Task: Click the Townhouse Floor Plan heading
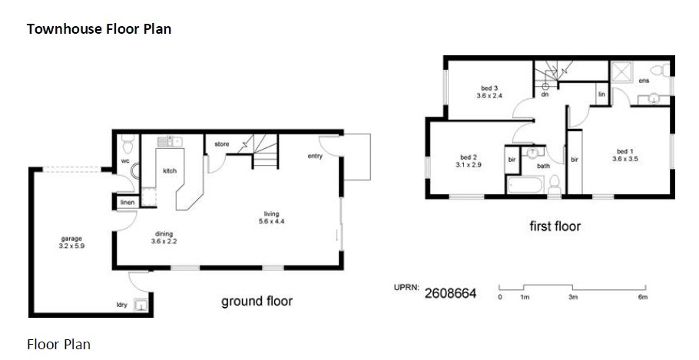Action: pyautogui.click(x=99, y=29)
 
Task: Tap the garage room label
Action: pyautogui.click(x=71, y=243)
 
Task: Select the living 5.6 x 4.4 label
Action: pyautogui.click(x=271, y=217)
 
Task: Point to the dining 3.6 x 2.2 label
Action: pyautogui.click(x=164, y=237)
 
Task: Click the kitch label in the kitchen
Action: pyautogui.click(x=170, y=170)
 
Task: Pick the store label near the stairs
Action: pyautogui.click(x=221, y=144)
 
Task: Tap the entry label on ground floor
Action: pyautogui.click(x=315, y=156)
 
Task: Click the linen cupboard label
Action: pyautogui.click(x=127, y=203)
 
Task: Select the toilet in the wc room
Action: pyautogui.click(x=128, y=144)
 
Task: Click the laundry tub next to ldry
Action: pyautogui.click(x=141, y=306)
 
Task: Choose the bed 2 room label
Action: pyautogui.click(x=469, y=161)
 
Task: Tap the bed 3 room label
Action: pyautogui.click(x=489, y=92)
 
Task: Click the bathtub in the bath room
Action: pyautogui.click(x=525, y=185)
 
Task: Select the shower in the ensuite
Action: pyautogui.click(x=621, y=71)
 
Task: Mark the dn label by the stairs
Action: pyautogui.click(x=545, y=94)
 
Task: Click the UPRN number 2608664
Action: pyautogui.click(x=450, y=294)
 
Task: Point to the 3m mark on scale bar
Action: pyautogui.click(x=573, y=297)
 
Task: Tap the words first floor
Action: pyautogui.click(x=555, y=226)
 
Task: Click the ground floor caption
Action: pyautogui.click(x=257, y=301)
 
